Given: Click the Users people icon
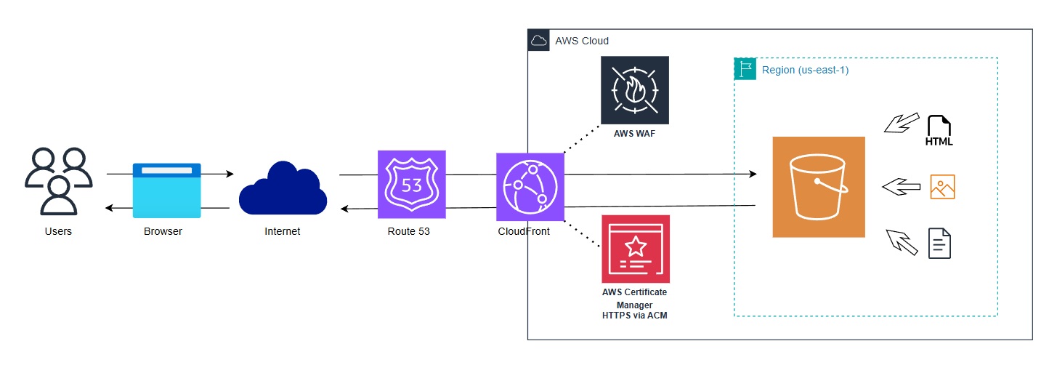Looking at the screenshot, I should click(58, 181).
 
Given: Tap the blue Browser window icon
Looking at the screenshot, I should click(166, 190).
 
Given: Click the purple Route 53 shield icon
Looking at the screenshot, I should click(411, 185).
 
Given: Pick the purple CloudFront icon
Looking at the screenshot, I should click(530, 187).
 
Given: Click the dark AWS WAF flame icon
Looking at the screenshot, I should click(635, 90).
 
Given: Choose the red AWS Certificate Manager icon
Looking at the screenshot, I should click(636, 249).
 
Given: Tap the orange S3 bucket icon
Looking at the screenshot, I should click(819, 187).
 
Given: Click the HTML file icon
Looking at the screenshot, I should click(939, 131).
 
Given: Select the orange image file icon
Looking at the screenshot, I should click(942, 187).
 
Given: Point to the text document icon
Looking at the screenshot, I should click(940, 243).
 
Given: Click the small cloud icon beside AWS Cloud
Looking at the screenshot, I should click(538, 41).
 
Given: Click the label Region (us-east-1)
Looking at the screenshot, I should click(805, 71).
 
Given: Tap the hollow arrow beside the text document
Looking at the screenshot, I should click(901, 241).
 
